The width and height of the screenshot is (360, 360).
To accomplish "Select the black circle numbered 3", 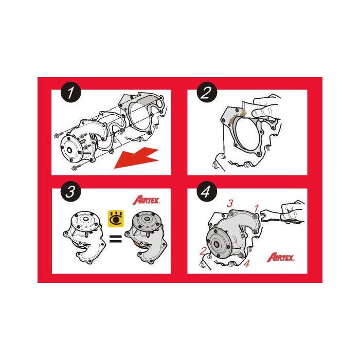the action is [71, 191].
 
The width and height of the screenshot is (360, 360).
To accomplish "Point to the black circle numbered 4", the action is [207, 191].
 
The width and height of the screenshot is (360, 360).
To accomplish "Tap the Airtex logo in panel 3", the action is [146, 200].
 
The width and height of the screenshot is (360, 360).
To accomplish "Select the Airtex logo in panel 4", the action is [280, 257].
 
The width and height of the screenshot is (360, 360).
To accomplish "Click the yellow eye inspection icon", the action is [116, 219].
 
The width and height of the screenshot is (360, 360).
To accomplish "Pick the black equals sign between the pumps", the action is [116, 239].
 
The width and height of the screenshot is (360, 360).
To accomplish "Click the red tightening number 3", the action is [230, 203].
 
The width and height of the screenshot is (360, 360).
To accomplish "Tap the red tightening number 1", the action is [256, 208].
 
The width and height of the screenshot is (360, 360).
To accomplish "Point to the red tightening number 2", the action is [203, 251].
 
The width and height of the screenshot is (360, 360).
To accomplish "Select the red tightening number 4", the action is [246, 263].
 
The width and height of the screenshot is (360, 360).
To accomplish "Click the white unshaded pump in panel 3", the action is [84, 237].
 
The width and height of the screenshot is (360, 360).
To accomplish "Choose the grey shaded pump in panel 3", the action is [146, 238].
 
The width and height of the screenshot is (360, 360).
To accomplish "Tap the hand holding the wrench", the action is [293, 211].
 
